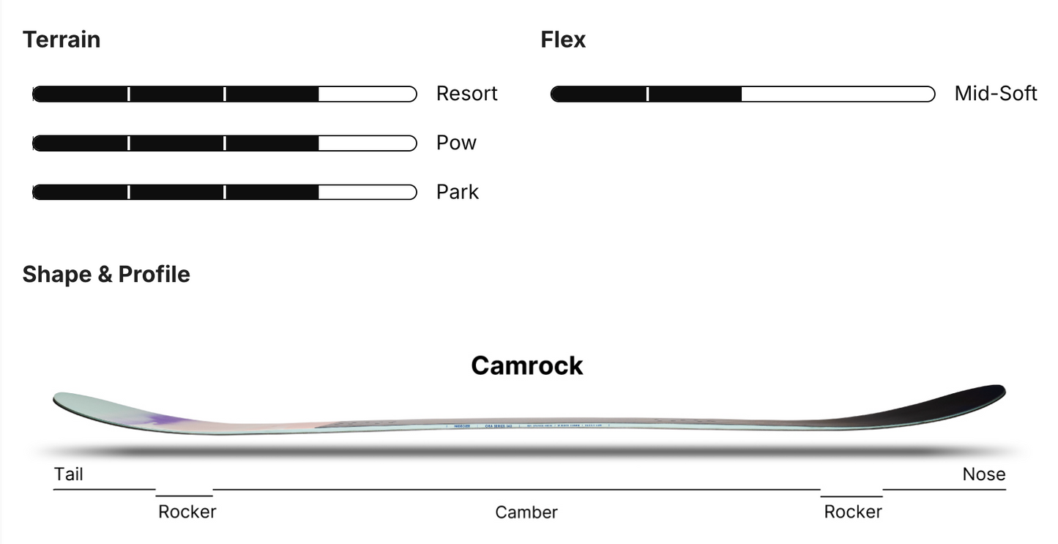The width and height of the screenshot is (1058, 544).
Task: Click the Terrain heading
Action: coord(62,40)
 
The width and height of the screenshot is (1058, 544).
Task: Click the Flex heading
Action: coord(563,40)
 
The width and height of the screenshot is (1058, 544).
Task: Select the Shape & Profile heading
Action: coord(106,275)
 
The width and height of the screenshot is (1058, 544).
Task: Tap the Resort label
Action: coord(466,94)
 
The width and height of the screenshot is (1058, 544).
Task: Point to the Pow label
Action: coord(456,143)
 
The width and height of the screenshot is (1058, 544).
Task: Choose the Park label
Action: coord(458,192)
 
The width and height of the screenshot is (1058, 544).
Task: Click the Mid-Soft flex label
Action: coord(996,94)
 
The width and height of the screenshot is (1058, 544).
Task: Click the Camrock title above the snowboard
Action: coord(526,365)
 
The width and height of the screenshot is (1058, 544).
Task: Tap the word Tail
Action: coord(69,474)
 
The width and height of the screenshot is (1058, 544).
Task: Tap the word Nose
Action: coord(984,474)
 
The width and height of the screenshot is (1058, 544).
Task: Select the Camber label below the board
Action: coord(526,513)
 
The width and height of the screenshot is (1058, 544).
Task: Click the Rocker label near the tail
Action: coord(187,512)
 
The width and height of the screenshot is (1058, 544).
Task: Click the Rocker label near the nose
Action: coord(853,512)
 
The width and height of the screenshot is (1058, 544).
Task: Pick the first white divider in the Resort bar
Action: coord(129,94)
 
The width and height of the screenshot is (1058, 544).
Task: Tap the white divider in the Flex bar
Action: coord(647,94)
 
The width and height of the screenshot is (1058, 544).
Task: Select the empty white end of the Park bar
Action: coord(367,192)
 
